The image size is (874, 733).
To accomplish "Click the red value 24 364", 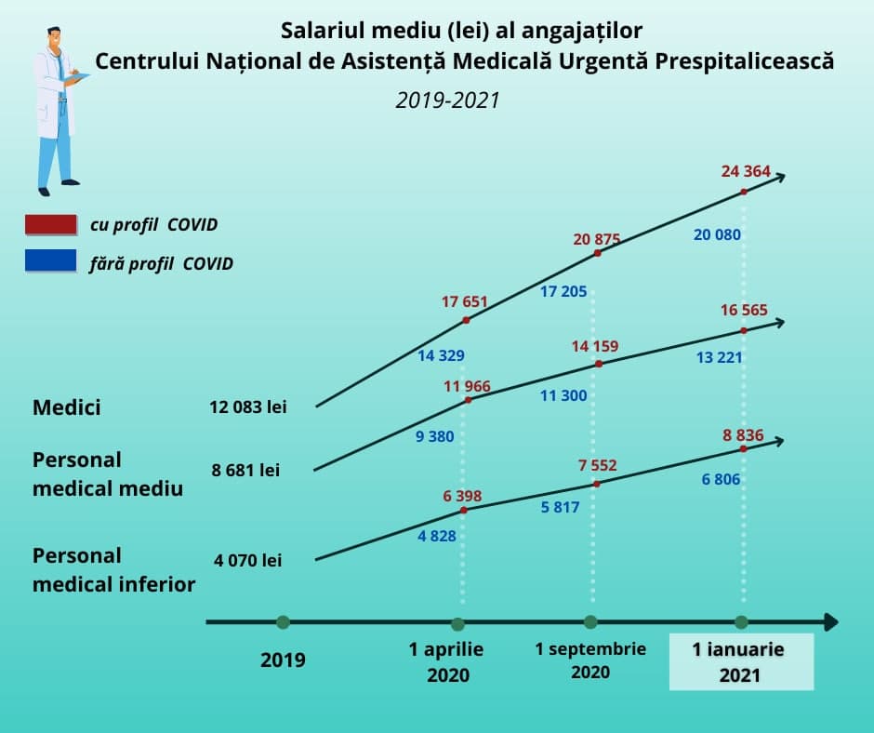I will [746, 170].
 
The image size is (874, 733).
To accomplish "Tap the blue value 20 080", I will [717, 234].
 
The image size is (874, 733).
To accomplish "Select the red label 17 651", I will [464, 301].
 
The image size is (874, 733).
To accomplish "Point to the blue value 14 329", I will [441, 355].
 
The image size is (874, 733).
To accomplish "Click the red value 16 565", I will [744, 310].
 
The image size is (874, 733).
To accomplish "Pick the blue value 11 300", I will [563, 395].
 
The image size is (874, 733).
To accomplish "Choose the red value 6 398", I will [462, 496].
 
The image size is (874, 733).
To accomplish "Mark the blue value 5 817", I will [560, 508].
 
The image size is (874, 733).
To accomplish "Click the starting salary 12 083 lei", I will [249, 406].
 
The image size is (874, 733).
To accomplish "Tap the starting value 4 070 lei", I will [247, 560].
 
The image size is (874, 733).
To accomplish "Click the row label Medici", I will [67, 407].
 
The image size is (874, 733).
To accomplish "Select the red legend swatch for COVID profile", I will [51, 224].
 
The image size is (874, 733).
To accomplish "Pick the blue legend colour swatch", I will [51, 261].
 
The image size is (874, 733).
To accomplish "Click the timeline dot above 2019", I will [283, 622].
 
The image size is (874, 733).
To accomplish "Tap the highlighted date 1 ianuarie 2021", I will [739, 662].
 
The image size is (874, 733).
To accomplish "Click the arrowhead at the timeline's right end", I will [829, 622].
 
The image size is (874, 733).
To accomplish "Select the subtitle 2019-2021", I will [447, 100].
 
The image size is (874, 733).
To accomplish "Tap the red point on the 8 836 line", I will [744, 448].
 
